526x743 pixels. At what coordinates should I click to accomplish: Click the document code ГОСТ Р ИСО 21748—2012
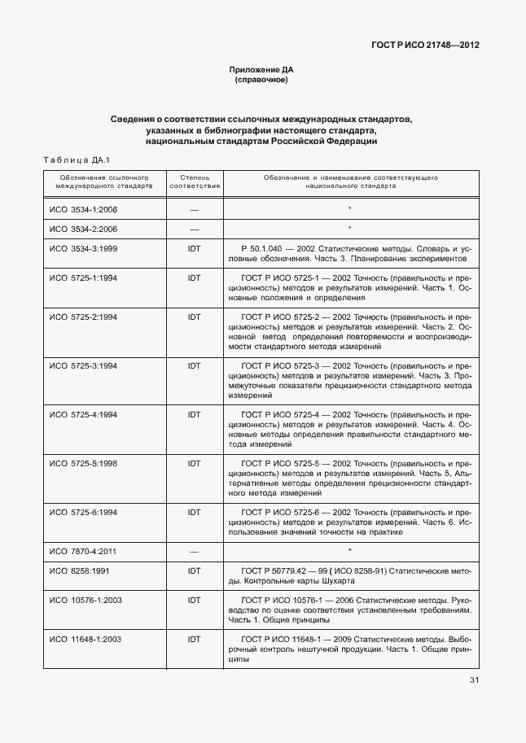pos(426,46)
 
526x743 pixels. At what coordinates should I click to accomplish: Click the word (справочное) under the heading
pos(261,81)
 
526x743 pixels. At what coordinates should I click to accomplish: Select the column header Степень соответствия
pos(194,181)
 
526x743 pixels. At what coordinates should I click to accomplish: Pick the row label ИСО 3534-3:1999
pos(84,247)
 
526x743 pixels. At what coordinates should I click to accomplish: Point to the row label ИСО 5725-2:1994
pos(84,315)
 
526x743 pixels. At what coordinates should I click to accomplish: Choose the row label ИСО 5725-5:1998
pos(84,463)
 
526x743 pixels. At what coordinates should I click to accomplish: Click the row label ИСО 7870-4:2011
pos(84,551)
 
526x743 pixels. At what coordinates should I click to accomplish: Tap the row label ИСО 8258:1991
pos(80,571)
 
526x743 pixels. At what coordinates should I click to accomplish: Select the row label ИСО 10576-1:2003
pos(86,600)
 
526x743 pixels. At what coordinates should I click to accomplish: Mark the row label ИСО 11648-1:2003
pos(86,640)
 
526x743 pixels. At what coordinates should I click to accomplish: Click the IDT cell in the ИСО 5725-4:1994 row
pos(194,414)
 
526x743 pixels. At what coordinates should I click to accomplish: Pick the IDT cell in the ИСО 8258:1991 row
pos(194,571)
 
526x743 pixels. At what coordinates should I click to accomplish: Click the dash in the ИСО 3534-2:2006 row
pos(194,229)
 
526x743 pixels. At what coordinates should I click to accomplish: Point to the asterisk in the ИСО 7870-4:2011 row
pos(349,552)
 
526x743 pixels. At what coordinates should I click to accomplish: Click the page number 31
pos(474,681)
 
